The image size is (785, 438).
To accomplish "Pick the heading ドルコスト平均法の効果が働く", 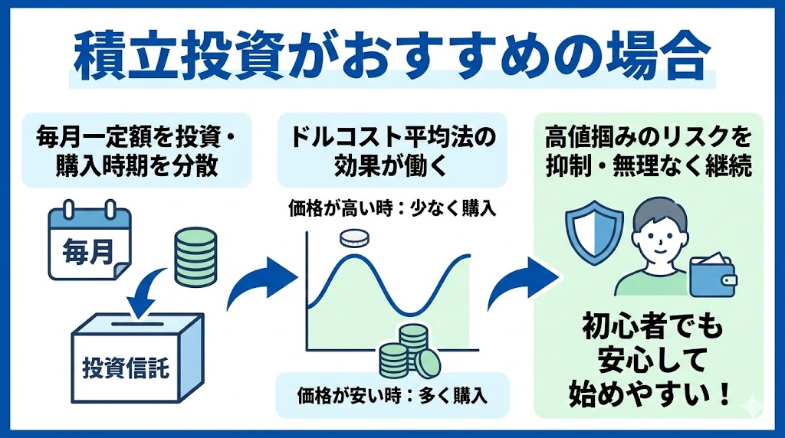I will pos(393,152).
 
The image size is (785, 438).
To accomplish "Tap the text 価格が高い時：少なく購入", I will pos(393,208).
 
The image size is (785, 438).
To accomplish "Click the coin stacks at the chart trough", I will pos(406,348).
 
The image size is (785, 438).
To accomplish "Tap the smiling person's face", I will pos(657,231).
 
